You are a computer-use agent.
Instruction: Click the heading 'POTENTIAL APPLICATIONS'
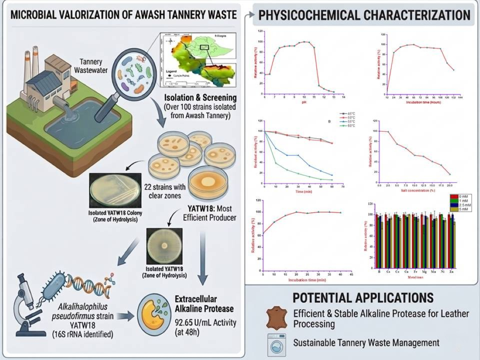[363, 298]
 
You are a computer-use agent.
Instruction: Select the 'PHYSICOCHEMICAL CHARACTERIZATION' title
[365, 15]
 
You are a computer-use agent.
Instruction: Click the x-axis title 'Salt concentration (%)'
[415, 190]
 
